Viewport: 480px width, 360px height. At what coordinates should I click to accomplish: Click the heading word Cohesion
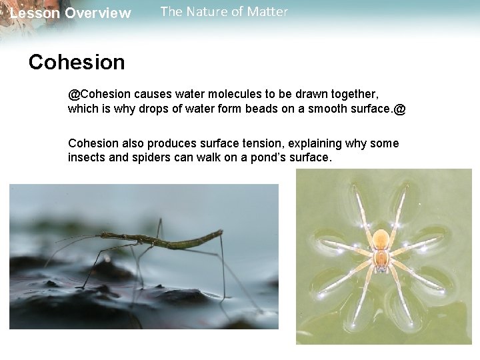pos(77,63)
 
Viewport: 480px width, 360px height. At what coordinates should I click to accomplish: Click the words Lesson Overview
pos(71,13)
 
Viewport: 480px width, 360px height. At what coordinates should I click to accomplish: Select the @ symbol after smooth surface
pos(399,109)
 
